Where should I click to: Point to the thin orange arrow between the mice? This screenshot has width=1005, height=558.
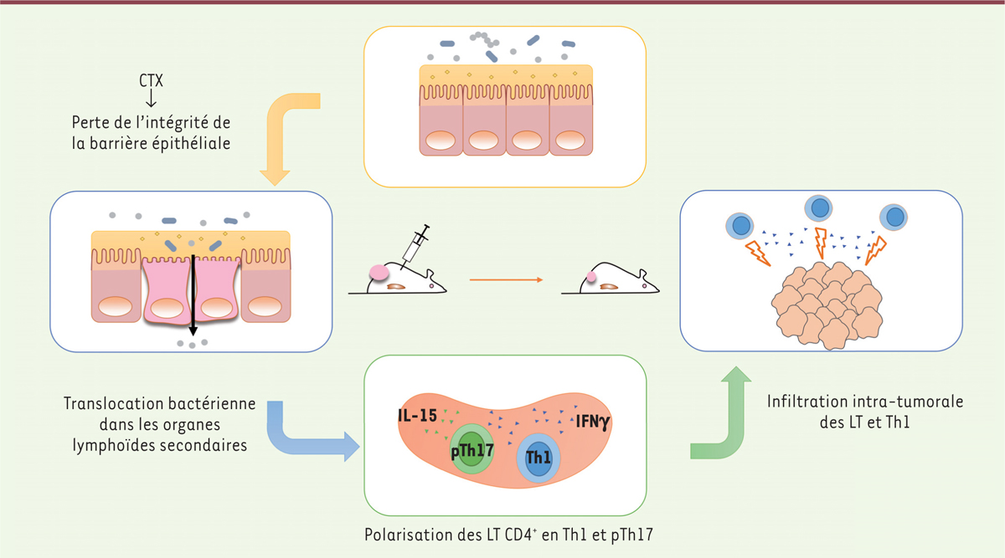pyautogui.click(x=503, y=280)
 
